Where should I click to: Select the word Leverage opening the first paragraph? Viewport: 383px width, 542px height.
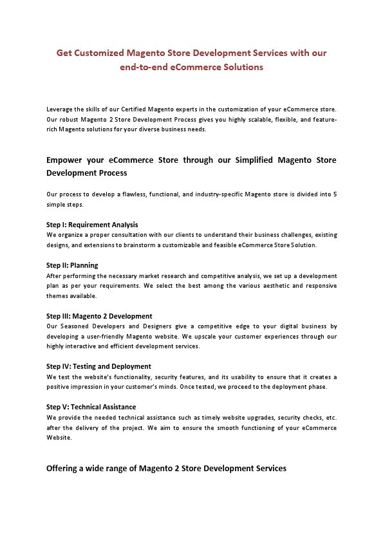(x=59, y=110)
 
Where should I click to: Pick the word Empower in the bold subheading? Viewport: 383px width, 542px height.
(x=66, y=160)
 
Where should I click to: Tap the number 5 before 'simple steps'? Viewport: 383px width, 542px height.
(x=335, y=194)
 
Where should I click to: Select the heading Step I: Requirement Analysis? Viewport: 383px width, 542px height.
(x=92, y=225)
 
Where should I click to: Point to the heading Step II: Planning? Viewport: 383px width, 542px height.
(x=72, y=265)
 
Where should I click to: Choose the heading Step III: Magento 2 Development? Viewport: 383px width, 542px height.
(x=99, y=316)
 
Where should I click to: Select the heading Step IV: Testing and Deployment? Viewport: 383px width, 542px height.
(x=98, y=366)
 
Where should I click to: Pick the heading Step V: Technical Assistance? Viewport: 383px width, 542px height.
(x=91, y=407)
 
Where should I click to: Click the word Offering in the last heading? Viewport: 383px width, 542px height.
(x=63, y=468)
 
